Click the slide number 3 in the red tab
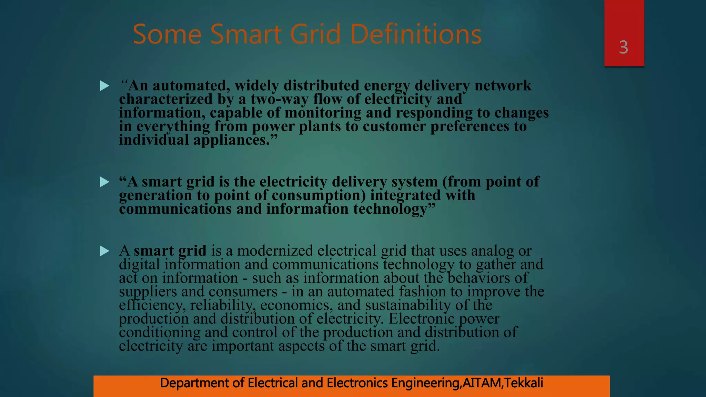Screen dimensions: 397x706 coord(623,47)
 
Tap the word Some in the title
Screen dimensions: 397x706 coord(167,34)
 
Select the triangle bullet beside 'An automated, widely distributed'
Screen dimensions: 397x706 coord(104,86)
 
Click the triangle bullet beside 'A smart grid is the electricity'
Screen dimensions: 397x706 coord(104,182)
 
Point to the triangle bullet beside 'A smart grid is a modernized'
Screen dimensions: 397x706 coord(104,251)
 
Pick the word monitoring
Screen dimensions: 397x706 coord(323,113)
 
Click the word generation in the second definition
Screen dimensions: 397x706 coord(155,195)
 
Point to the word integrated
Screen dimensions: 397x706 coord(405,195)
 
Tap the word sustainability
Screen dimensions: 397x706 coord(408,305)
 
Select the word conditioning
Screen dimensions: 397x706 coord(160,332)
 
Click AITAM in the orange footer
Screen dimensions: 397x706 coord(482,383)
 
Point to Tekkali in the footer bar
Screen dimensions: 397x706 coord(524,383)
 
